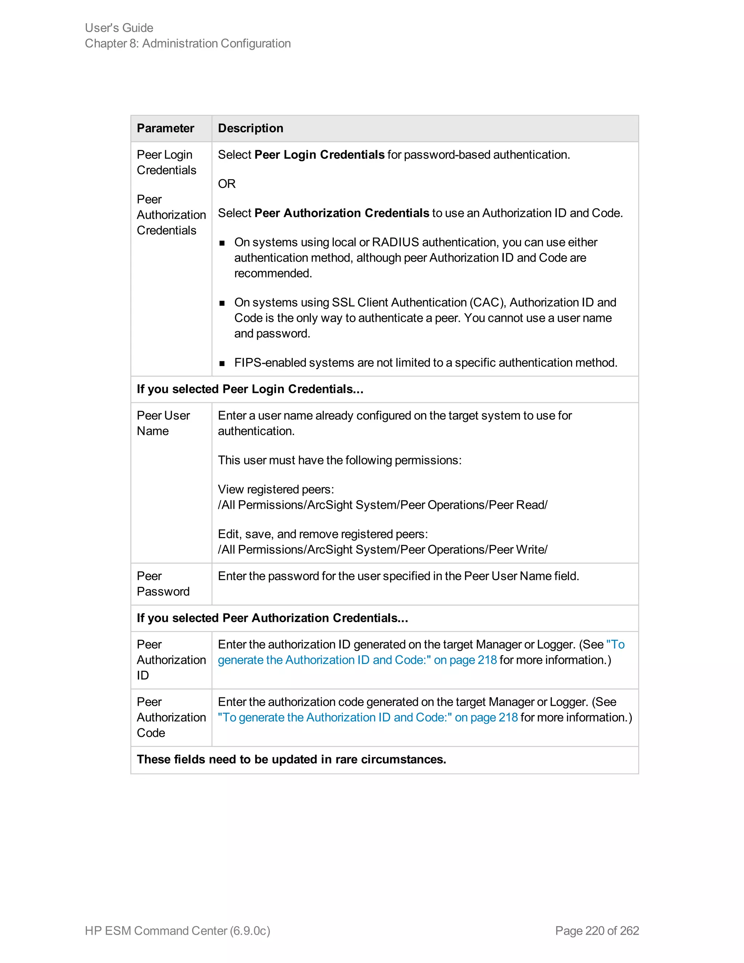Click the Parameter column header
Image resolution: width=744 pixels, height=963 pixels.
[165, 128]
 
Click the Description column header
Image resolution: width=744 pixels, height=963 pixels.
[250, 128]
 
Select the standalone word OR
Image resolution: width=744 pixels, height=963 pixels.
[227, 184]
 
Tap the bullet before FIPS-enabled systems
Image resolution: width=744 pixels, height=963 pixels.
[222, 363]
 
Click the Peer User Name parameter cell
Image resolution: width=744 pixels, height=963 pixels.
[163, 423]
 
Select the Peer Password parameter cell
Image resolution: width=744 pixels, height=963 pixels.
[163, 584]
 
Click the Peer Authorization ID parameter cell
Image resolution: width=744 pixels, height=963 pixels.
[171, 660]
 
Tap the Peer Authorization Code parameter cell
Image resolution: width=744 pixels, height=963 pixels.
[171, 717]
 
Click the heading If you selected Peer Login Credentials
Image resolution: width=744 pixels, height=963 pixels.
[250, 389]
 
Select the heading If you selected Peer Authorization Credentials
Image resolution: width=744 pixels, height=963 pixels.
[272, 618]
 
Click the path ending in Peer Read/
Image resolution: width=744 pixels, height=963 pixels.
[382, 505]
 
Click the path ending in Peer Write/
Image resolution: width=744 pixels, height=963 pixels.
[382, 549]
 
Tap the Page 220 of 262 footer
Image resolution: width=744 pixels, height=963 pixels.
[597, 930]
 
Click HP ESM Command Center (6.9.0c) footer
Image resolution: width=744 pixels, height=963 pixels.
[177, 930]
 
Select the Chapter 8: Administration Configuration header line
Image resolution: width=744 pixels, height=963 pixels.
[188, 44]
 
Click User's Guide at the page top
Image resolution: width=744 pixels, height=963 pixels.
[119, 28]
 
